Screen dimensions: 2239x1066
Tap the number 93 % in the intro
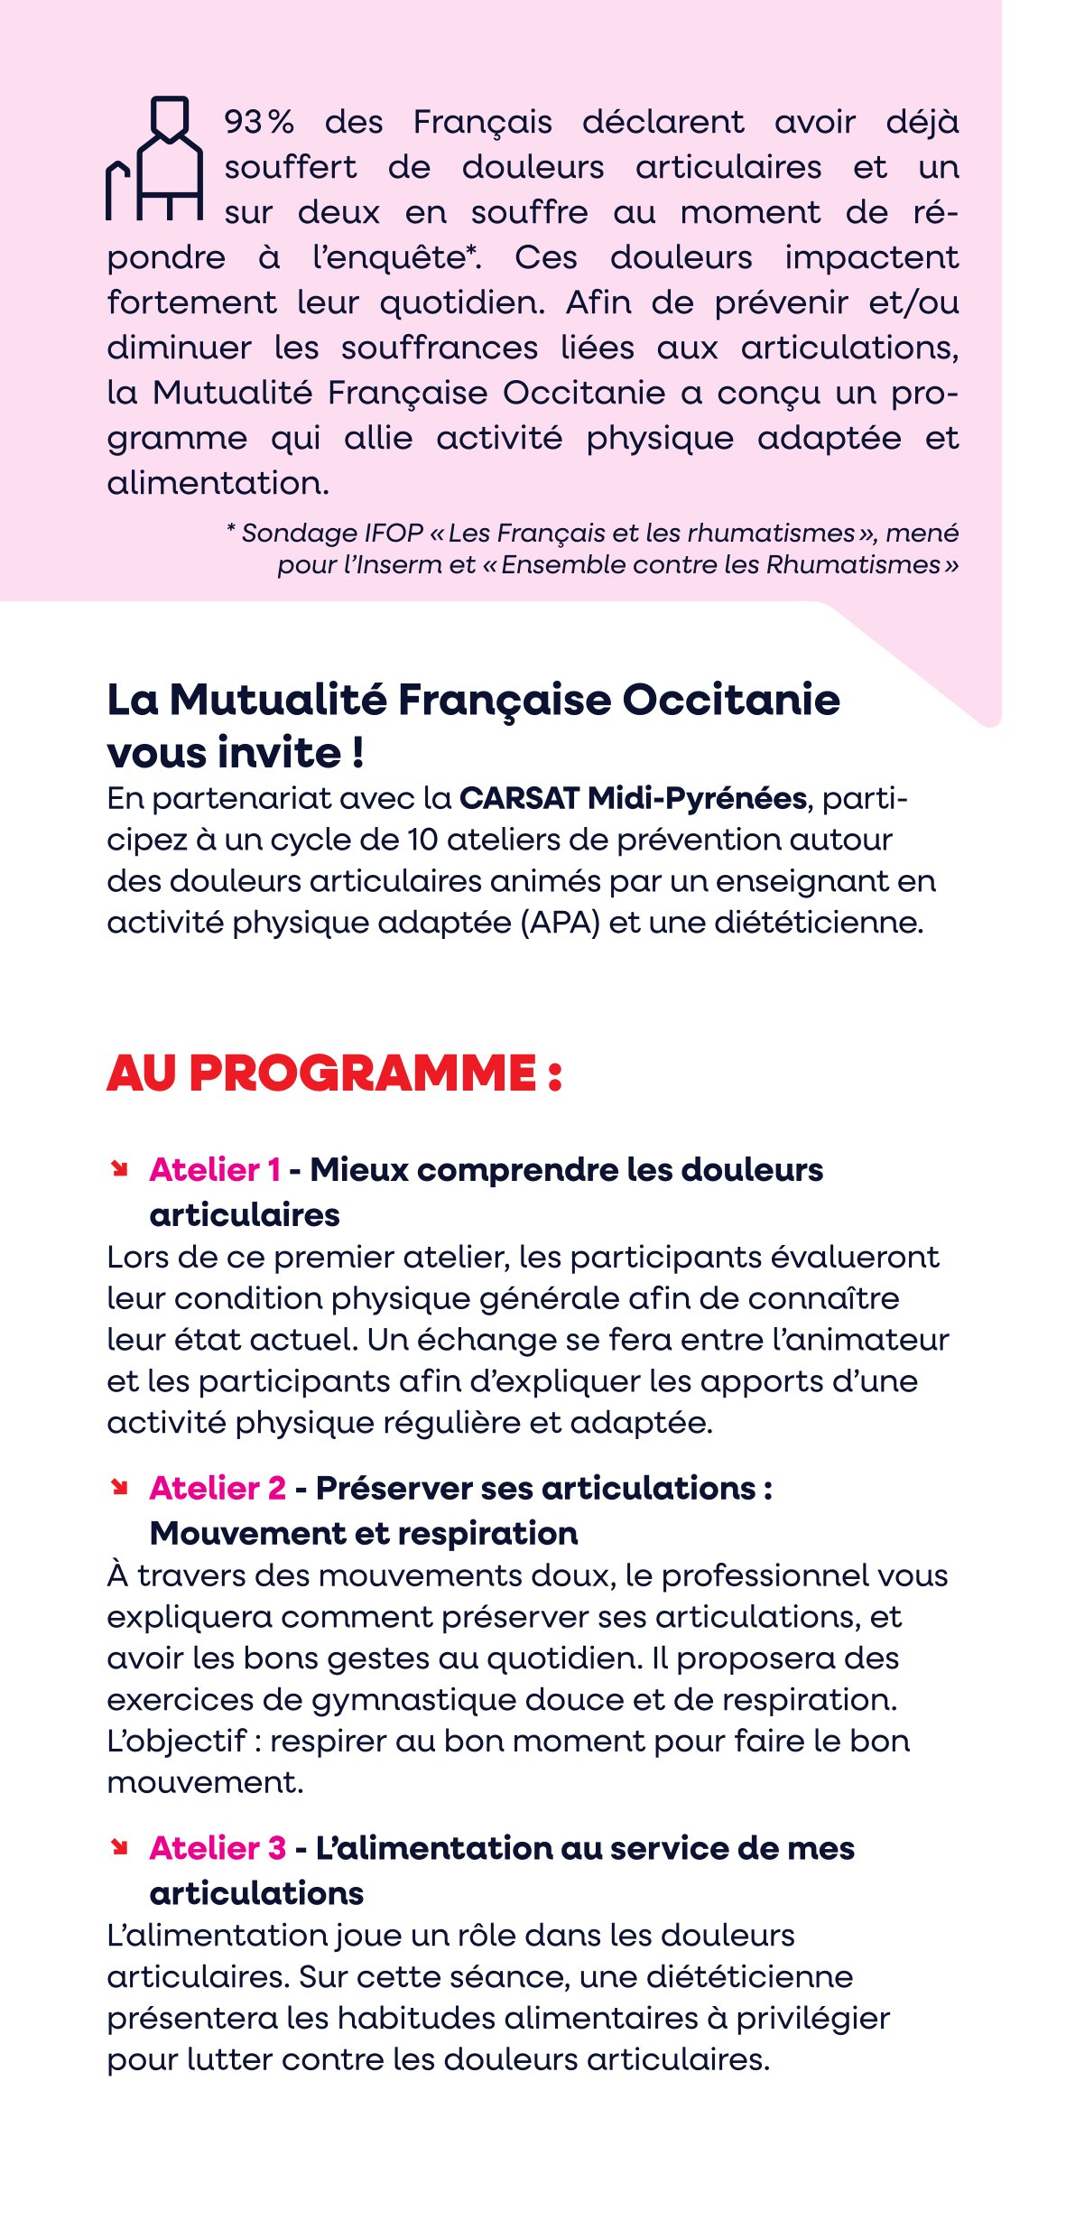coord(259,123)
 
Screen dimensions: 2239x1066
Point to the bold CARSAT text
coord(518,799)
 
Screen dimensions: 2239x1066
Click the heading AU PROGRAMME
coord(334,1073)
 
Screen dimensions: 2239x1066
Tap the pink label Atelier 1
coord(215,1170)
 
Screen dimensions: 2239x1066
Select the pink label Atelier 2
coord(218,1488)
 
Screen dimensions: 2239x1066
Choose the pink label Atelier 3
coord(218,1848)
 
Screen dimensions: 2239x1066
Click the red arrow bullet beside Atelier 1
coord(118,1169)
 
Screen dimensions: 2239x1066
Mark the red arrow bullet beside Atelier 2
coord(118,1487)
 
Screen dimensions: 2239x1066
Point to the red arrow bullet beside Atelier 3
coord(118,1847)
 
